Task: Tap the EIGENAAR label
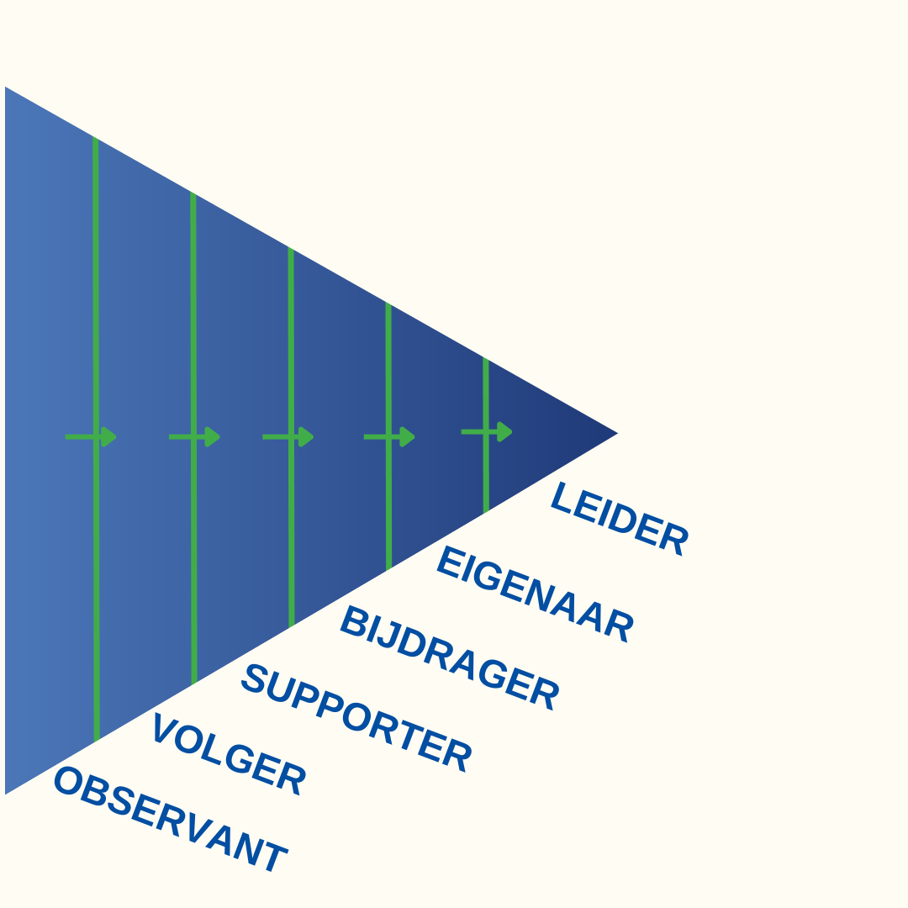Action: (x=535, y=594)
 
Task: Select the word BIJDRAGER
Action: (x=449, y=657)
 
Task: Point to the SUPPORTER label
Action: (x=356, y=717)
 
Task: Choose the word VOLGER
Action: (x=229, y=753)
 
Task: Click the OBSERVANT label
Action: (x=170, y=820)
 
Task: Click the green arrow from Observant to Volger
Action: (x=91, y=436)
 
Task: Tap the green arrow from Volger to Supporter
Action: (x=194, y=436)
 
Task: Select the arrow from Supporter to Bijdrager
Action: (x=288, y=436)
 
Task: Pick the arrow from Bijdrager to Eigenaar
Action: (x=389, y=436)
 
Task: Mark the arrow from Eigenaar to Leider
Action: (x=487, y=431)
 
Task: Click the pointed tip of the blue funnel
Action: (x=614, y=434)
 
